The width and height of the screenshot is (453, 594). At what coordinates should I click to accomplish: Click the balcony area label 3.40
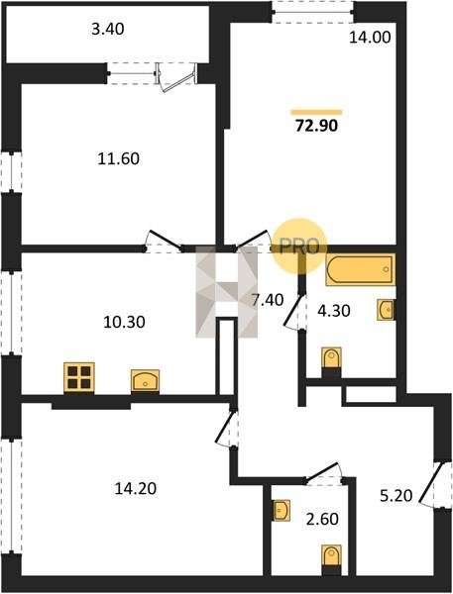(x=108, y=29)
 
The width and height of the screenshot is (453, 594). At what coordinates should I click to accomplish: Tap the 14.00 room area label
(x=370, y=38)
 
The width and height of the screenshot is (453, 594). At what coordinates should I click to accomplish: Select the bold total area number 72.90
(x=316, y=126)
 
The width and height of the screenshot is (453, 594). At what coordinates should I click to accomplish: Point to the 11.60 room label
(x=118, y=158)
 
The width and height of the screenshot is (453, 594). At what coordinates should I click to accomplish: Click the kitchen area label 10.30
(x=124, y=323)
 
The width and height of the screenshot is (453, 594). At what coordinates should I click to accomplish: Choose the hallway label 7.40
(x=268, y=300)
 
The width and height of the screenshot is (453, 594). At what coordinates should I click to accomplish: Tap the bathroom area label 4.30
(x=333, y=311)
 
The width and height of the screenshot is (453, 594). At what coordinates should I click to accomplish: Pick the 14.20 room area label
(x=136, y=489)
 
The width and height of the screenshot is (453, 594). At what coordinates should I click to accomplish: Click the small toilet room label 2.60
(x=322, y=519)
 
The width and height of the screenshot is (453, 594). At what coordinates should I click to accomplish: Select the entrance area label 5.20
(x=396, y=496)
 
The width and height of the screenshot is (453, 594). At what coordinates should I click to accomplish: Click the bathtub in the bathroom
(x=361, y=269)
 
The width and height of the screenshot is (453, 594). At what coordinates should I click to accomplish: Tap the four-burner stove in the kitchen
(x=79, y=377)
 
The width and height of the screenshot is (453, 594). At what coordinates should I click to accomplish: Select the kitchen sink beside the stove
(x=145, y=380)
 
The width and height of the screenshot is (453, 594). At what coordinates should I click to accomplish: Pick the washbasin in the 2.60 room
(x=282, y=511)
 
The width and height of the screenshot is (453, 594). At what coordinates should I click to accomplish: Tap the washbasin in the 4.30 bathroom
(x=386, y=310)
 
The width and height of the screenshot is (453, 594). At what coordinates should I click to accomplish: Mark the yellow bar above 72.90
(x=316, y=112)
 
